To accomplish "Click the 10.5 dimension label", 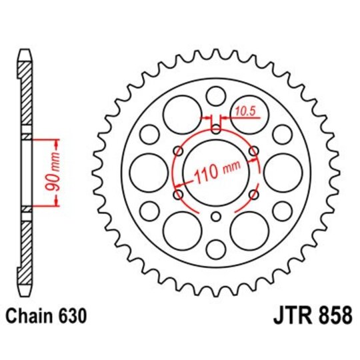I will point(245,111).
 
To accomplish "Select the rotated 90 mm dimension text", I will point(57,173).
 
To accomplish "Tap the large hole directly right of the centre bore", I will point(283,173).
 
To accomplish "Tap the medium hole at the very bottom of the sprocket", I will point(215,250).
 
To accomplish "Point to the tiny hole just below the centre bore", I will point(215,216).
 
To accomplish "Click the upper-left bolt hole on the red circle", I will point(178,151).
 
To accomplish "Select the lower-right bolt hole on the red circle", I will point(253,195).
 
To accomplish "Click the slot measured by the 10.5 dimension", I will point(215,125).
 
